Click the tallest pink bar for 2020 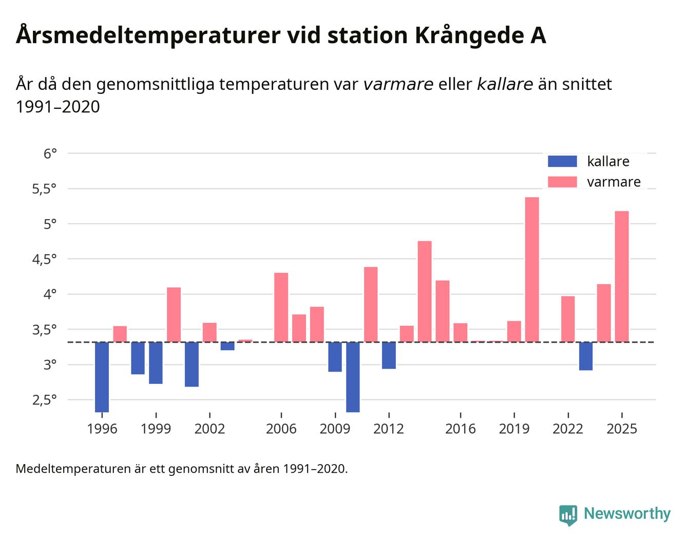(x=532, y=269)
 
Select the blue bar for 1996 (x=102, y=377)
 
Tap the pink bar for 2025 (x=622, y=277)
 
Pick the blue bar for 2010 (x=353, y=377)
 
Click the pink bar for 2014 (x=425, y=292)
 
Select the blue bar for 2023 (x=586, y=356)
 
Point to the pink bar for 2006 (x=281, y=307)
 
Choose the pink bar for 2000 (x=174, y=315)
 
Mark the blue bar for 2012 (x=389, y=355)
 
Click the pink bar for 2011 (x=371, y=304)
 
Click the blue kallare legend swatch (x=562, y=161)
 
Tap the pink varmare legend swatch (x=562, y=182)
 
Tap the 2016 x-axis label (x=460, y=429)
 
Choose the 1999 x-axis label (x=156, y=429)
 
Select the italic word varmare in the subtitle (x=398, y=84)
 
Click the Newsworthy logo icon (x=568, y=515)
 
